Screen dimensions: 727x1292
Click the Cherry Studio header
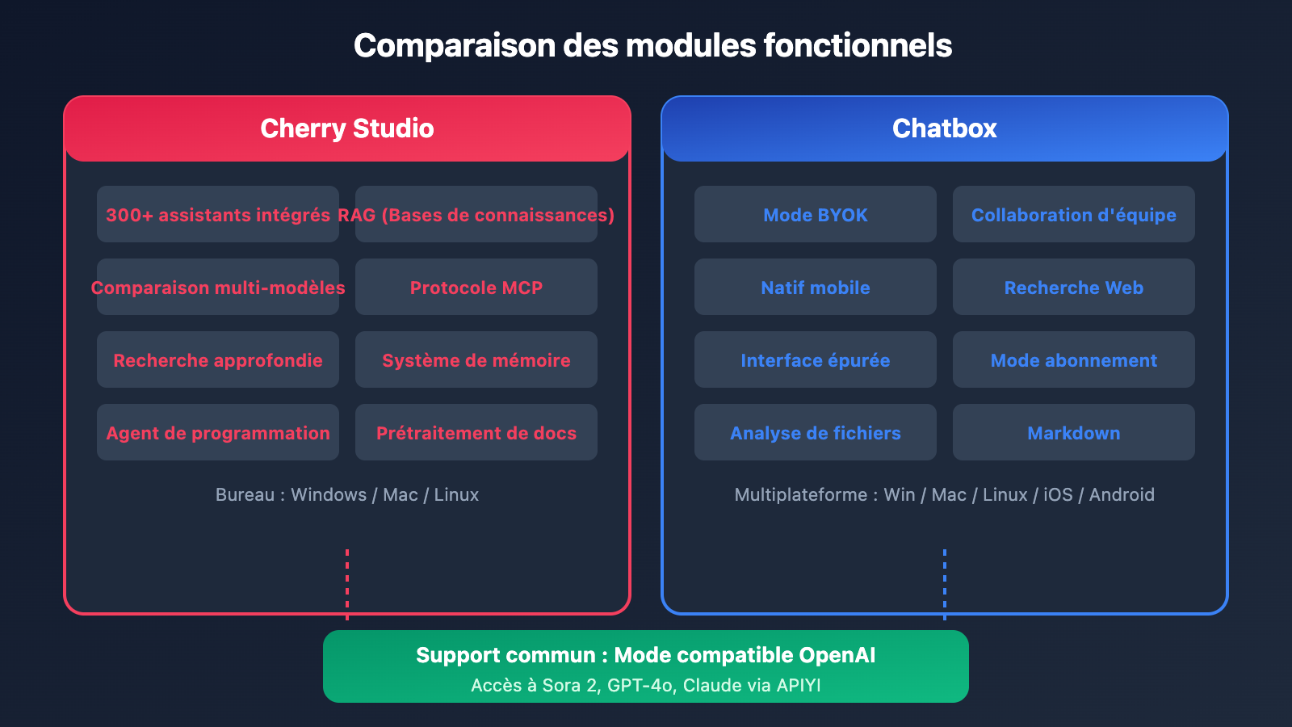[347, 128]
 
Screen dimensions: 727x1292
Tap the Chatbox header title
[944, 128]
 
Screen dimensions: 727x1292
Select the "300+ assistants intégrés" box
[218, 215]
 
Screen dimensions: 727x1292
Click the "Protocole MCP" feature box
[476, 288]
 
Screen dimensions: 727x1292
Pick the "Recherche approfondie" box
[218, 360]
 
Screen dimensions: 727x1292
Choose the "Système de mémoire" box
[476, 360]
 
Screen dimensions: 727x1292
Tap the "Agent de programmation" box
[218, 433]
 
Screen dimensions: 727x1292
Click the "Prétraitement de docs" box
[476, 433]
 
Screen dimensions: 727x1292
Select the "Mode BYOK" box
[816, 215]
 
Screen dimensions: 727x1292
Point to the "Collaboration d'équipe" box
[1074, 215]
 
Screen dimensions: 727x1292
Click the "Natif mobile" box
[816, 288]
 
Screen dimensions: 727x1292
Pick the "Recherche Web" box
[1074, 288]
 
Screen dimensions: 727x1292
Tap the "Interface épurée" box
[816, 360]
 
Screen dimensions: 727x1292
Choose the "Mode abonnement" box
[1074, 360]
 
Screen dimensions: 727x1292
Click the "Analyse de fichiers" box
[816, 433]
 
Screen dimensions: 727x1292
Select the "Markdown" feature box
[1074, 433]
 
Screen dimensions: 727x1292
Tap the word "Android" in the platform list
[1122, 494]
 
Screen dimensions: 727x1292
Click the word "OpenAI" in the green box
[837, 655]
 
